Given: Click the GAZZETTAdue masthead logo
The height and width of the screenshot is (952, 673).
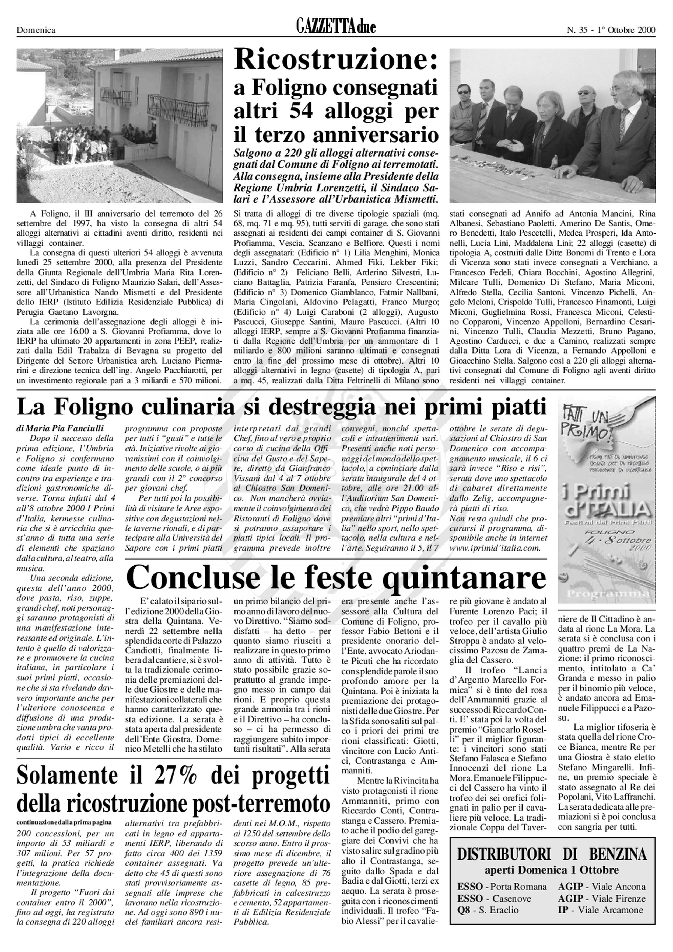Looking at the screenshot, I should coord(336,27).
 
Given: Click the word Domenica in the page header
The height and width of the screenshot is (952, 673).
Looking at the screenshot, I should coord(36,30).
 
